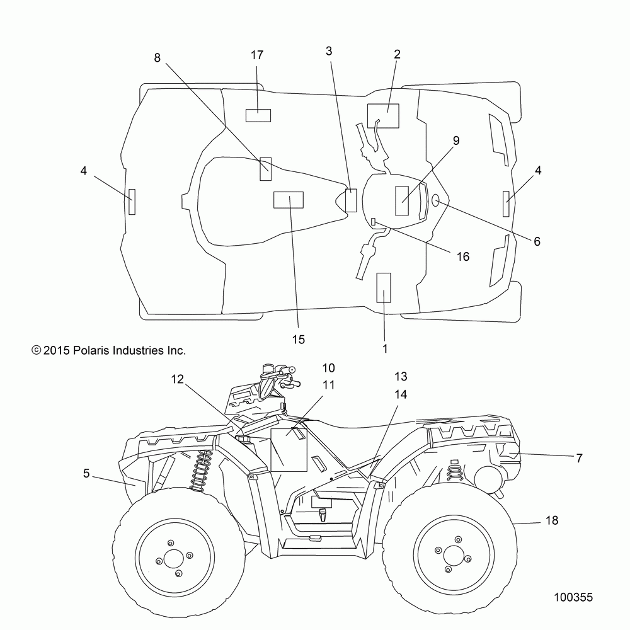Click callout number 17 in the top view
point(257,55)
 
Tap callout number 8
point(157,58)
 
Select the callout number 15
point(299,340)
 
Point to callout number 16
point(463,256)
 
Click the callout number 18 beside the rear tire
point(552,520)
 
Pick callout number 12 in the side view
point(177,379)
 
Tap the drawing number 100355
point(573,597)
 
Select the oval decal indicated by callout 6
point(435,200)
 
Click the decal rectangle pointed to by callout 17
point(258,115)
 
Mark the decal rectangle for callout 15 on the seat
point(289,200)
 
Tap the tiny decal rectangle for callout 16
point(373,221)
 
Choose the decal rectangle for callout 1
point(383,288)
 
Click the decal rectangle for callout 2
point(383,116)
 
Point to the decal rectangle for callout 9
point(402,201)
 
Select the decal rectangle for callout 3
point(351,200)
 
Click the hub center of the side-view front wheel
point(174,558)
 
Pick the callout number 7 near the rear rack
point(579,458)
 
